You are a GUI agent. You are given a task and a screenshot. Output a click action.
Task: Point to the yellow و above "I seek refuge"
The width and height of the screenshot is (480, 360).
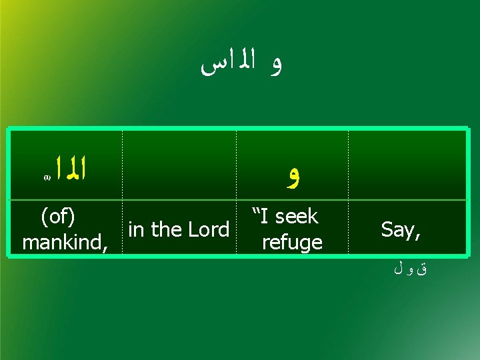coord(291,177)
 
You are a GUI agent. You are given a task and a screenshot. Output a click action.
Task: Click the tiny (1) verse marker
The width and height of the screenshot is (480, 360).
coord(47,179)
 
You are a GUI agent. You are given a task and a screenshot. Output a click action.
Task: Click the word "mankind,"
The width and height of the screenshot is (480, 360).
coord(65,241)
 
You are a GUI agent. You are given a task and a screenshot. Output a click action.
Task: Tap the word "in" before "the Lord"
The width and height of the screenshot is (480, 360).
coord(136,229)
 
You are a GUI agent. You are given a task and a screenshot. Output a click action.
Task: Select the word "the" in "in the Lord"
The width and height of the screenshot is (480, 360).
coord(164,229)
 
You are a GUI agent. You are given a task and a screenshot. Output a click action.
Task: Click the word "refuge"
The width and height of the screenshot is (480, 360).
coord(292,242)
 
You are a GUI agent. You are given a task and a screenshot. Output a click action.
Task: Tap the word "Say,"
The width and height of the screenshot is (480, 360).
coord(401,229)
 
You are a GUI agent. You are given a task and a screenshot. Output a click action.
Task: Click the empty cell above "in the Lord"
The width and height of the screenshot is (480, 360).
coord(179,165)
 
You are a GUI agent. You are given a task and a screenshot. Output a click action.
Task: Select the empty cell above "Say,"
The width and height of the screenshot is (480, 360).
coord(407,165)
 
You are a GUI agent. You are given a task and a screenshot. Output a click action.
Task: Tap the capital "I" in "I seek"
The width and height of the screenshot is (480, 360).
coord(265,216)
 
